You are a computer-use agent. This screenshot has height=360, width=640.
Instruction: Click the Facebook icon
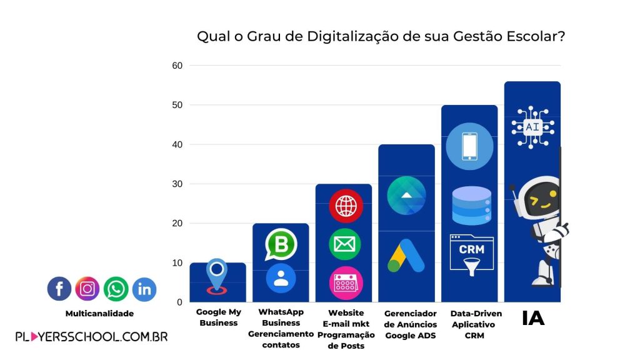coord(59,289)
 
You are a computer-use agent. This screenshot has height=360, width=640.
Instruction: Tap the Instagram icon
coord(87,289)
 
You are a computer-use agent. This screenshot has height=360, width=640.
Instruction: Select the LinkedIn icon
coord(144,289)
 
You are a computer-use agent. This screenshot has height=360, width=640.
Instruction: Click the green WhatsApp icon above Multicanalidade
coord(116,289)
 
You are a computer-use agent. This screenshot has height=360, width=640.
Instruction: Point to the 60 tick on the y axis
coord(177,66)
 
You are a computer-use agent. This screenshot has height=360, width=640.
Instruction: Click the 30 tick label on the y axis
coord(177,184)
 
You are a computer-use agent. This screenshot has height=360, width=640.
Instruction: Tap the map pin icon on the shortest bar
coord(217,276)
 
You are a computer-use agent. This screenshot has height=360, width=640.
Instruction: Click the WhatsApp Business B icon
coord(281,244)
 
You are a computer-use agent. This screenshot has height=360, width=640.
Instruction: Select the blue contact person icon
coord(281,278)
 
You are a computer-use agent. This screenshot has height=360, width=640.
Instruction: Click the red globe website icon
coord(345,206)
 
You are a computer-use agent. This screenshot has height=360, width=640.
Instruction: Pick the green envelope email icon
coord(345,244)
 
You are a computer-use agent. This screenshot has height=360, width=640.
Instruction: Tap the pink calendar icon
coord(345,282)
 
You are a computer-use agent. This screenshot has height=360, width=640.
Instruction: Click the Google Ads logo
coord(406,256)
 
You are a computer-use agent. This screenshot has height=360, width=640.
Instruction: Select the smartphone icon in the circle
coord(469,146)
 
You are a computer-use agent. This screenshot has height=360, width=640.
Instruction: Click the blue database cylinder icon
coord(471,205)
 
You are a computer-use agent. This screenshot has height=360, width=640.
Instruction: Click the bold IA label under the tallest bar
coord(533,318)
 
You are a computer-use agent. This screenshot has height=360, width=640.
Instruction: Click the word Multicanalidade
coord(99,313)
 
